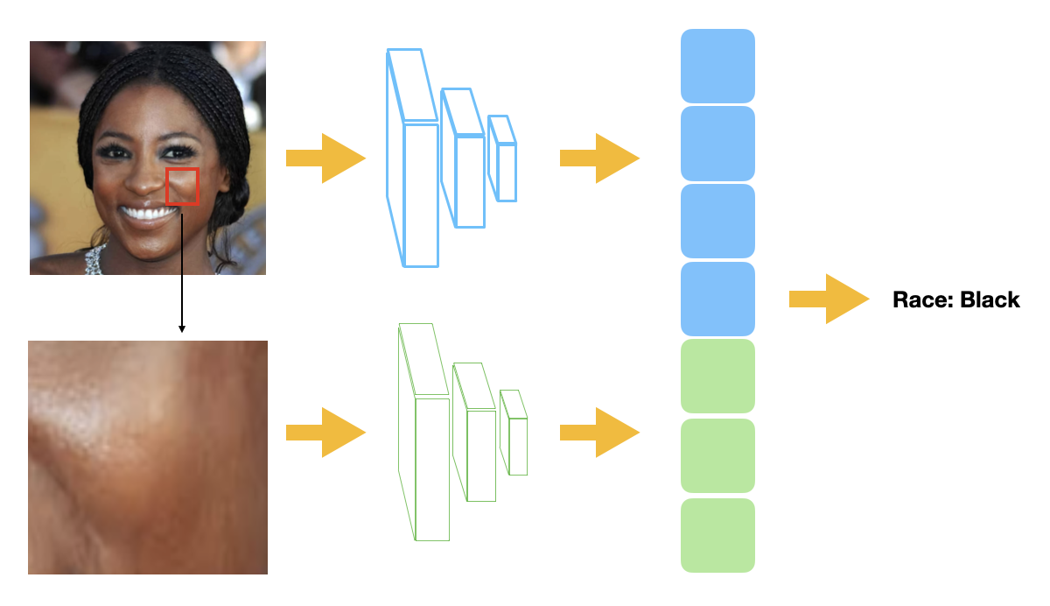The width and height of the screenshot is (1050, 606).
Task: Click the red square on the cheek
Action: [183, 187]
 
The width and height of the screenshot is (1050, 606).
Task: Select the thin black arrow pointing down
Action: [182, 271]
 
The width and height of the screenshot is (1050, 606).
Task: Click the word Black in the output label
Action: [990, 300]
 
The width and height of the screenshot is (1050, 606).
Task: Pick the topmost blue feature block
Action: [717, 66]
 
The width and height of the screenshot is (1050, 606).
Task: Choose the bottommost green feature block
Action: [717, 535]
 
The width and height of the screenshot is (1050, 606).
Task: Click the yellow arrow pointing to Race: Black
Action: [828, 299]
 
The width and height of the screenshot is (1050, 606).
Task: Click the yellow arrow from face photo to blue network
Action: [325, 159]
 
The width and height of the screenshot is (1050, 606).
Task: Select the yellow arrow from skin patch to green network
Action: [325, 433]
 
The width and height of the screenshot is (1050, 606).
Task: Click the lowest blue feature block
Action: [717, 299]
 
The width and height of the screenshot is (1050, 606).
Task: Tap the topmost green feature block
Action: [717, 376]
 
